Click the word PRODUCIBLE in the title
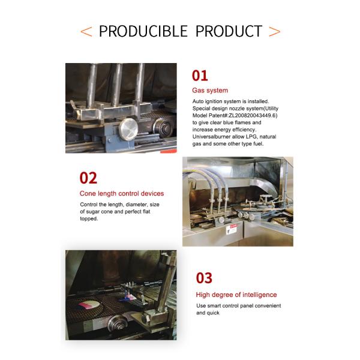click(x=143, y=31)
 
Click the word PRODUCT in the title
click(x=229, y=31)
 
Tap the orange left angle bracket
click(x=86, y=32)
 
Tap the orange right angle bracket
click(x=275, y=32)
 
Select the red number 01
click(x=200, y=76)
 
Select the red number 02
click(x=88, y=178)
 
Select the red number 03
click(x=204, y=278)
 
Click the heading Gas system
click(x=210, y=91)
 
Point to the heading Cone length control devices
click(x=122, y=194)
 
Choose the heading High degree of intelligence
click(x=236, y=295)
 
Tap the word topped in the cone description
click(x=89, y=219)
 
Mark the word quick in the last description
click(x=214, y=313)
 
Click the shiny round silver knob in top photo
click(x=128, y=129)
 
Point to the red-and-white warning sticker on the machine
click(x=232, y=229)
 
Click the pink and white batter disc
click(x=89, y=305)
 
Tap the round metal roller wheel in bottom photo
click(x=118, y=323)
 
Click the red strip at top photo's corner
click(x=169, y=151)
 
